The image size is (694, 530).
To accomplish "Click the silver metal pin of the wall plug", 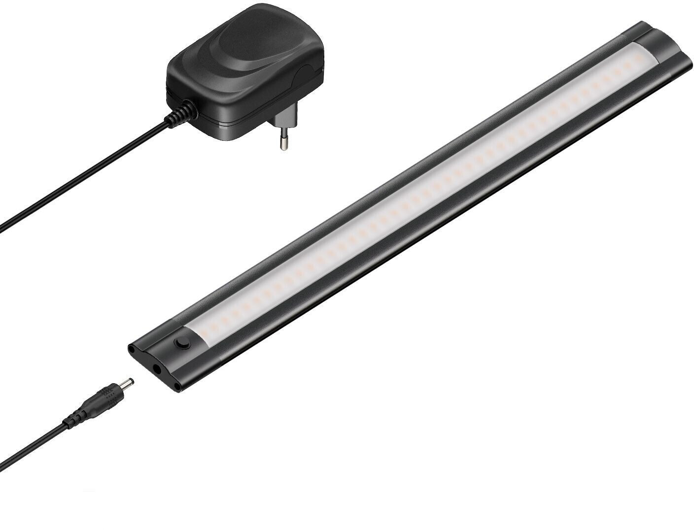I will [x=283, y=142].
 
